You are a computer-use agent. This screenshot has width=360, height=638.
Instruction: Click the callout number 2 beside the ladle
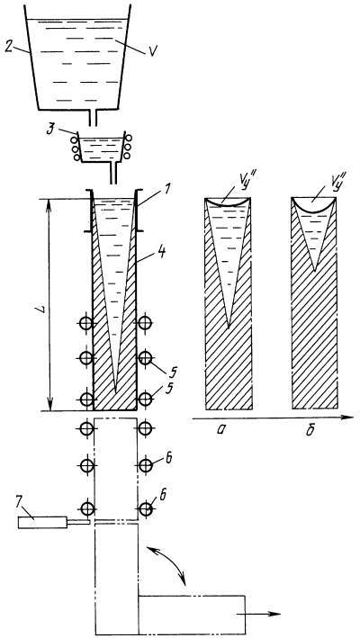[x=8, y=47]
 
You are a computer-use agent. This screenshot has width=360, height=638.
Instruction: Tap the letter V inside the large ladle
[x=152, y=51]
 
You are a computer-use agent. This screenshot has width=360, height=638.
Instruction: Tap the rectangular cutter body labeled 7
[x=42, y=522]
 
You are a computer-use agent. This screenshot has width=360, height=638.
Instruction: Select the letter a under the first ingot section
[x=220, y=430]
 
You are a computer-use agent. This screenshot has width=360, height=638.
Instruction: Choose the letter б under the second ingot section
[x=310, y=429]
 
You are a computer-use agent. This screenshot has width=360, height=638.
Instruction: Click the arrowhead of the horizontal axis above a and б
[x=347, y=418]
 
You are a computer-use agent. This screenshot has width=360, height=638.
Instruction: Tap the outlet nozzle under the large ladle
[x=94, y=119]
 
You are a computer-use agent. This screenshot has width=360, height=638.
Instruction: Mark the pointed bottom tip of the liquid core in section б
[x=315, y=271]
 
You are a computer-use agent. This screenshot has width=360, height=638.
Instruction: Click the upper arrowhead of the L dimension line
[x=49, y=202]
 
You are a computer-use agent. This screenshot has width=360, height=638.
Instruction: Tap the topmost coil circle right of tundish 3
[x=129, y=139]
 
